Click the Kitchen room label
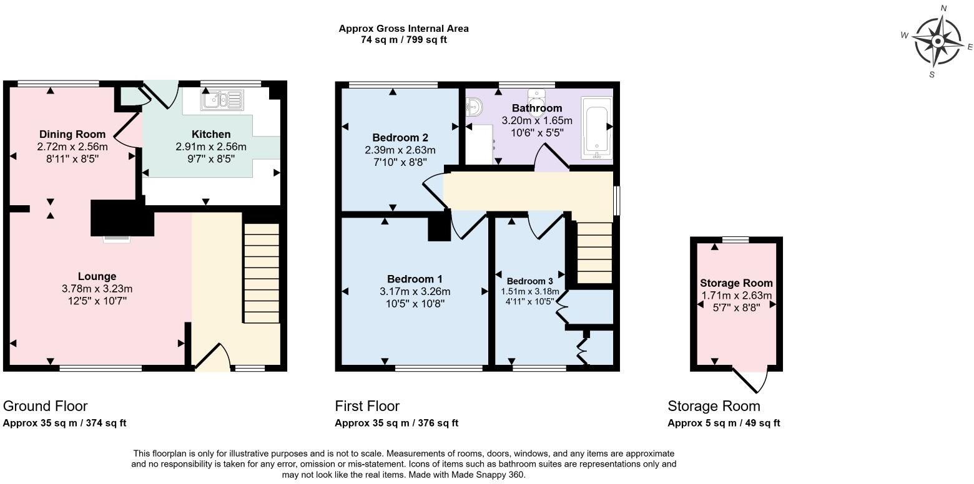(x=211, y=134)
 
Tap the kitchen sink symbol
(x=222, y=100)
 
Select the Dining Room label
(x=72, y=134)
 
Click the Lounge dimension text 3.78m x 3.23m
(x=97, y=289)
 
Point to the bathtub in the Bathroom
(x=597, y=128)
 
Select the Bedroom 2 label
(x=400, y=138)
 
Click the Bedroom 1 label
(x=415, y=279)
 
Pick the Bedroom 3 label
(x=529, y=281)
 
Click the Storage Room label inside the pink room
(x=736, y=283)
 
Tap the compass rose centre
(x=938, y=42)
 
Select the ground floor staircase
(x=262, y=273)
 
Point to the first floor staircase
(x=594, y=253)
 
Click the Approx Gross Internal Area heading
(x=403, y=29)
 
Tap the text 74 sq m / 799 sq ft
(x=403, y=40)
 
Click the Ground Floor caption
(x=45, y=406)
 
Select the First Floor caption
(x=367, y=406)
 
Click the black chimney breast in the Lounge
(x=122, y=218)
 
